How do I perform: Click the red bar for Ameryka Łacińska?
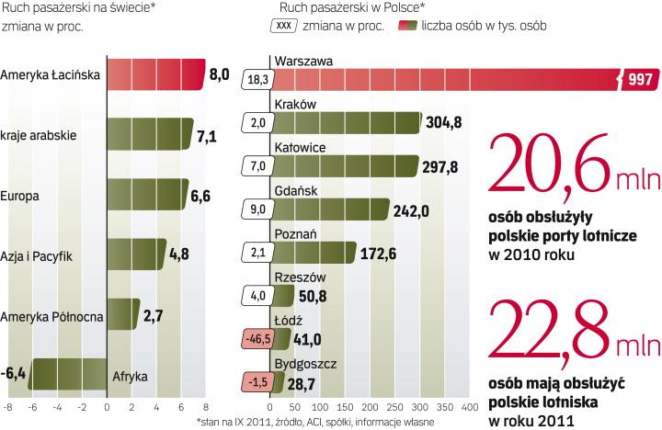point(156,74)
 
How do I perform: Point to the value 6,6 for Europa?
point(207,196)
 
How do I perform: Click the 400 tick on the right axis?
point(469,405)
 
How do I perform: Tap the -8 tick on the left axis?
point(7,405)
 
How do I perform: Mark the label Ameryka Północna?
point(51,316)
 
